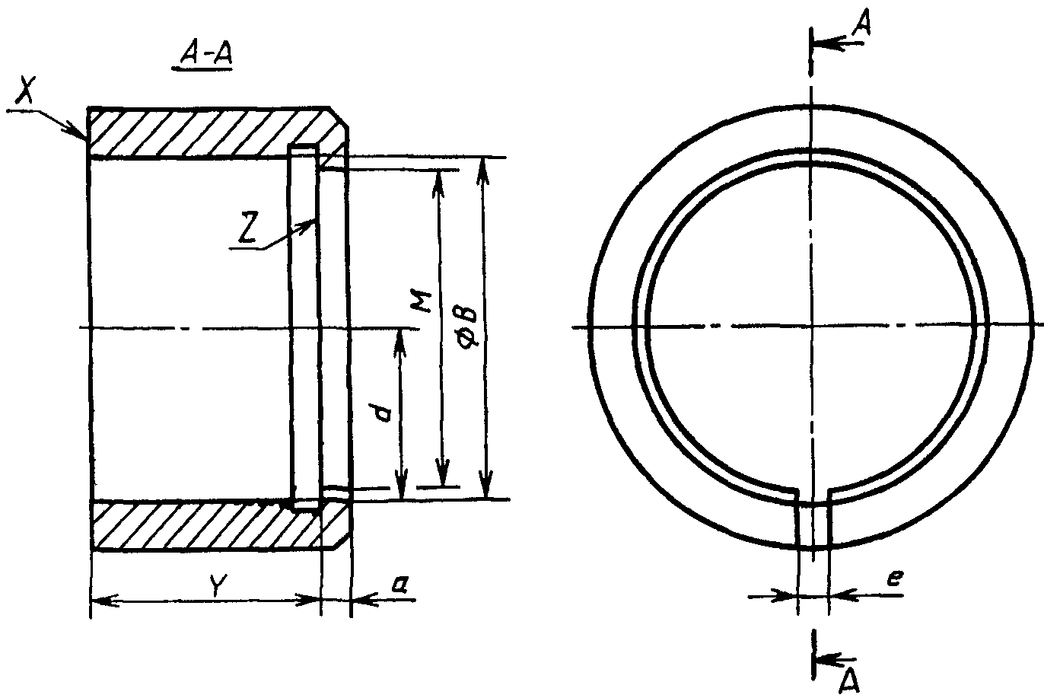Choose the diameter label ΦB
pyautogui.click(x=467, y=327)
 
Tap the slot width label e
pyautogui.click(x=896, y=578)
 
